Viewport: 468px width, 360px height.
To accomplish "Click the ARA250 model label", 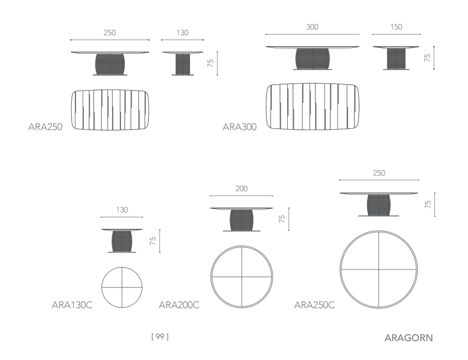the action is [45, 127].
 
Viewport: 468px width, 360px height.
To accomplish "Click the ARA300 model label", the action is [240, 127].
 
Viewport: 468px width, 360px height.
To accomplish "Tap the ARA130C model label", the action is [72, 305].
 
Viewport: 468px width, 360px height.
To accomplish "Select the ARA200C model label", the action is [179, 305].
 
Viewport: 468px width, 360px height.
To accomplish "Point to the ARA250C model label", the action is [315, 305].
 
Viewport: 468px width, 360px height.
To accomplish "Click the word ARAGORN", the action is [409, 338].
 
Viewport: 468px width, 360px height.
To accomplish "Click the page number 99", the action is [160, 336].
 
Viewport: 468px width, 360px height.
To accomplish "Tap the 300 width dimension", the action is [312, 27].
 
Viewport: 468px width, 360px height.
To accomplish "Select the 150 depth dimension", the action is [396, 27].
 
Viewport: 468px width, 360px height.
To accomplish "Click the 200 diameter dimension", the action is [241, 189].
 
